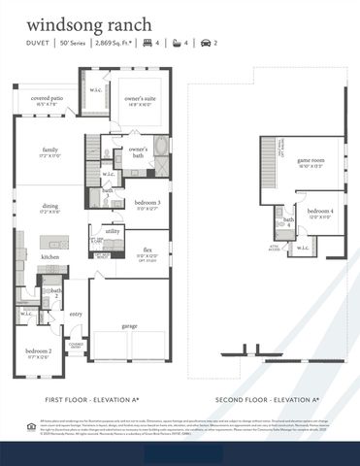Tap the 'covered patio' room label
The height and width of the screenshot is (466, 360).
click(x=47, y=99)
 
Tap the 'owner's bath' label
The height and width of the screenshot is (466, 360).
click(x=139, y=151)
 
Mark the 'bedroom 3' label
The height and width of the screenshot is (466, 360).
click(x=146, y=203)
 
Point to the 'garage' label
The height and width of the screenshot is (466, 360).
click(x=129, y=326)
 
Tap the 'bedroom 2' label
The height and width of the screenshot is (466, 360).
click(x=38, y=350)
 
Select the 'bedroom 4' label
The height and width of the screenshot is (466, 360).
click(x=319, y=213)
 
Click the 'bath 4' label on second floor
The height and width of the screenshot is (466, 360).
click(x=288, y=222)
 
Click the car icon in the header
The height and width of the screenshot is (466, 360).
click(x=205, y=43)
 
